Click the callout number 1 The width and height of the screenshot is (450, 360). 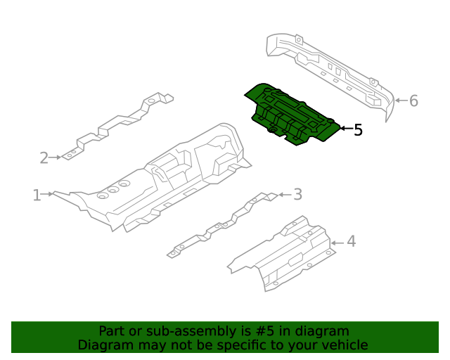(37, 195)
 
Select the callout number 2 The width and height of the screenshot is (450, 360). (44, 157)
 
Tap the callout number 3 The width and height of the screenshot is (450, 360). (297, 194)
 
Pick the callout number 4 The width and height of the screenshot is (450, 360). (351, 242)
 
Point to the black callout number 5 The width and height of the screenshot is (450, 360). (358, 129)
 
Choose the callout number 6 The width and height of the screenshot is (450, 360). (413, 101)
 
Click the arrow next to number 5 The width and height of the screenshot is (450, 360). (345, 129)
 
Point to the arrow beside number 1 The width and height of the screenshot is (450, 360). (49, 193)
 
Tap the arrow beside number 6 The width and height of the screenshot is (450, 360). (399, 101)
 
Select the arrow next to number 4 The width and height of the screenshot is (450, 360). (337, 243)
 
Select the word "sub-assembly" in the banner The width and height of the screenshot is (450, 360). (165, 331)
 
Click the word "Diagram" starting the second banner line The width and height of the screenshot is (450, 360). (103, 345)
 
